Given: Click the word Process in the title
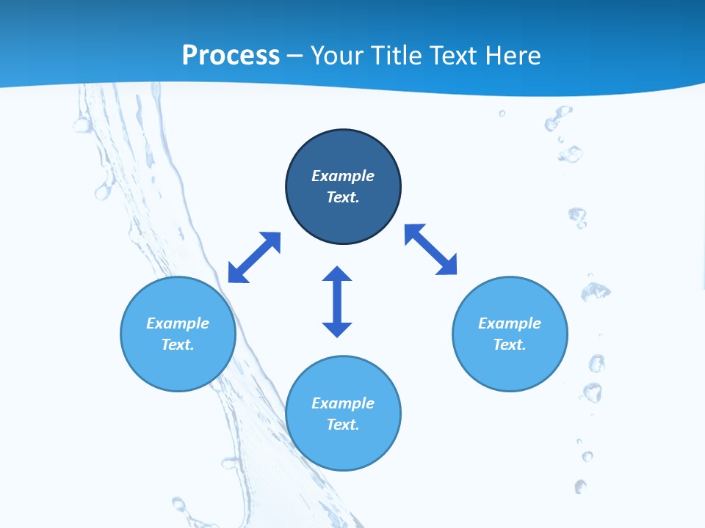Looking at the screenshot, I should pyautogui.click(x=231, y=56).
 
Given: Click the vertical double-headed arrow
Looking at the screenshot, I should pyautogui.click(x=337, y=301).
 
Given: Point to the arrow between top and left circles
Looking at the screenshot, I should pyautogui.click(x=254, y=257).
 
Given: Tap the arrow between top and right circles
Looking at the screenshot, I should pyautogui.click(x=430, y=249).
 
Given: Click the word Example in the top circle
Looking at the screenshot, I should pyautogui.click(x=343, y=176).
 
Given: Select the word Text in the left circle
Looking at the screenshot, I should pyautogui.click(x=178, y=345).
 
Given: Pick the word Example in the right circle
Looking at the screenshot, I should pyautogui.click(x=510, y=323).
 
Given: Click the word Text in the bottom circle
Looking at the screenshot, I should pyautogui.click(x=343, y=425).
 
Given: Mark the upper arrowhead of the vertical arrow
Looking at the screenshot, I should pyautogui.click(x=337, y=275).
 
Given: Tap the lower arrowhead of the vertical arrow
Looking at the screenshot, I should pyautogui.click(x=337, y=329).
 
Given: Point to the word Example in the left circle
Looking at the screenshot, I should pyautogui.click(x=178, y=323).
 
